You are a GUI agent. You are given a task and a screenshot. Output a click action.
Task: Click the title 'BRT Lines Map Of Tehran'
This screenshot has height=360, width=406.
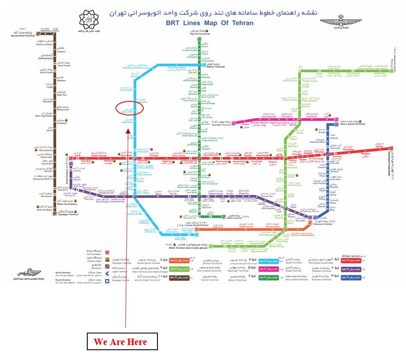point(210,23)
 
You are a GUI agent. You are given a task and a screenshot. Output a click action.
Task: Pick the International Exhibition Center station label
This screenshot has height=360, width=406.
point(136,67)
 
